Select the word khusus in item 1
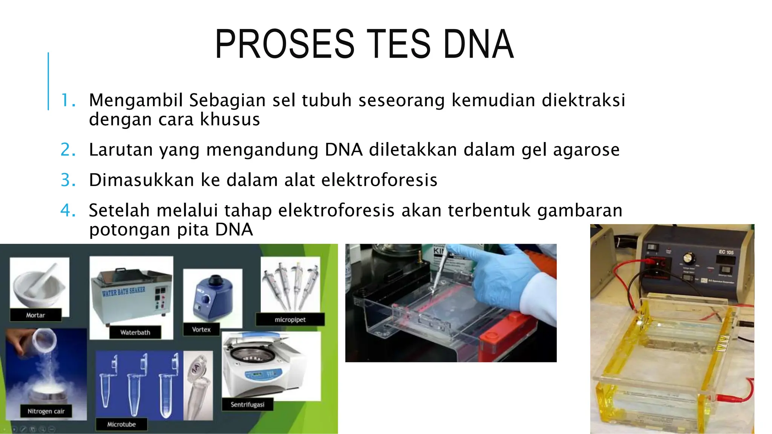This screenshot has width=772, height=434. tap(230, 119)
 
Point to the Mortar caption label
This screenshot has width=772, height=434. tap(35, 315)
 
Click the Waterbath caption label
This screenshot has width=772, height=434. tap(135, 332)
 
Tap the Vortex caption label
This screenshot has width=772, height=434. tap(201, 329)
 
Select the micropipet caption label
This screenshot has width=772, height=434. tap(290, 319)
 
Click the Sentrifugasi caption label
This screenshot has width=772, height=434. tap(247, 404)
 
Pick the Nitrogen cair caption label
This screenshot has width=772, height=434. tap(46, 411)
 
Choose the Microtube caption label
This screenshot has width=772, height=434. tap(121, 424)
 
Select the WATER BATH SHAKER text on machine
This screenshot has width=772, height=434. tap(123, 291)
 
